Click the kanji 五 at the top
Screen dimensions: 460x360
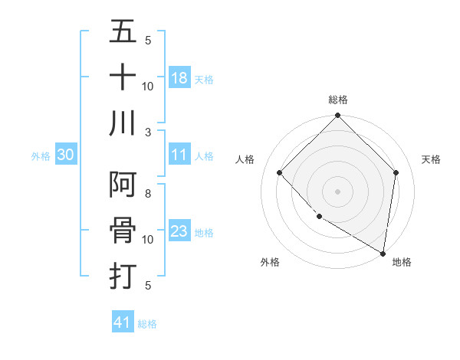point(123,33)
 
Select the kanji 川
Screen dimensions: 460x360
point(123,123)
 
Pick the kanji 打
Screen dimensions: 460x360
point(123,274)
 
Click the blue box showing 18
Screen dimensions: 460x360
point(179,77)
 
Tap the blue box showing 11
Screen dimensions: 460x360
point(179,155)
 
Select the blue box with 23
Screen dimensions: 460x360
point(179,231)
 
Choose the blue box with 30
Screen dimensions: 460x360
point(66,155)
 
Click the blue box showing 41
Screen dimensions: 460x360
point(123,322)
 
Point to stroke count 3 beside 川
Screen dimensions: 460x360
point(148,132)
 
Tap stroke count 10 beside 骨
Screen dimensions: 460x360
point(148,240)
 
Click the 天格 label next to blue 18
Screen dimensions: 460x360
point(204,79)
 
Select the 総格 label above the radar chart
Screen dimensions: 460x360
point(337,100)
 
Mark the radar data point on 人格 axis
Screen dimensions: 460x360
point(280,172)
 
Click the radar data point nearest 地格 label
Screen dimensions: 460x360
point(383,253)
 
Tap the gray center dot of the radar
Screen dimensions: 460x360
point(337,191)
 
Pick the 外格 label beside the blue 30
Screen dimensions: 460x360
point(41,155)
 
